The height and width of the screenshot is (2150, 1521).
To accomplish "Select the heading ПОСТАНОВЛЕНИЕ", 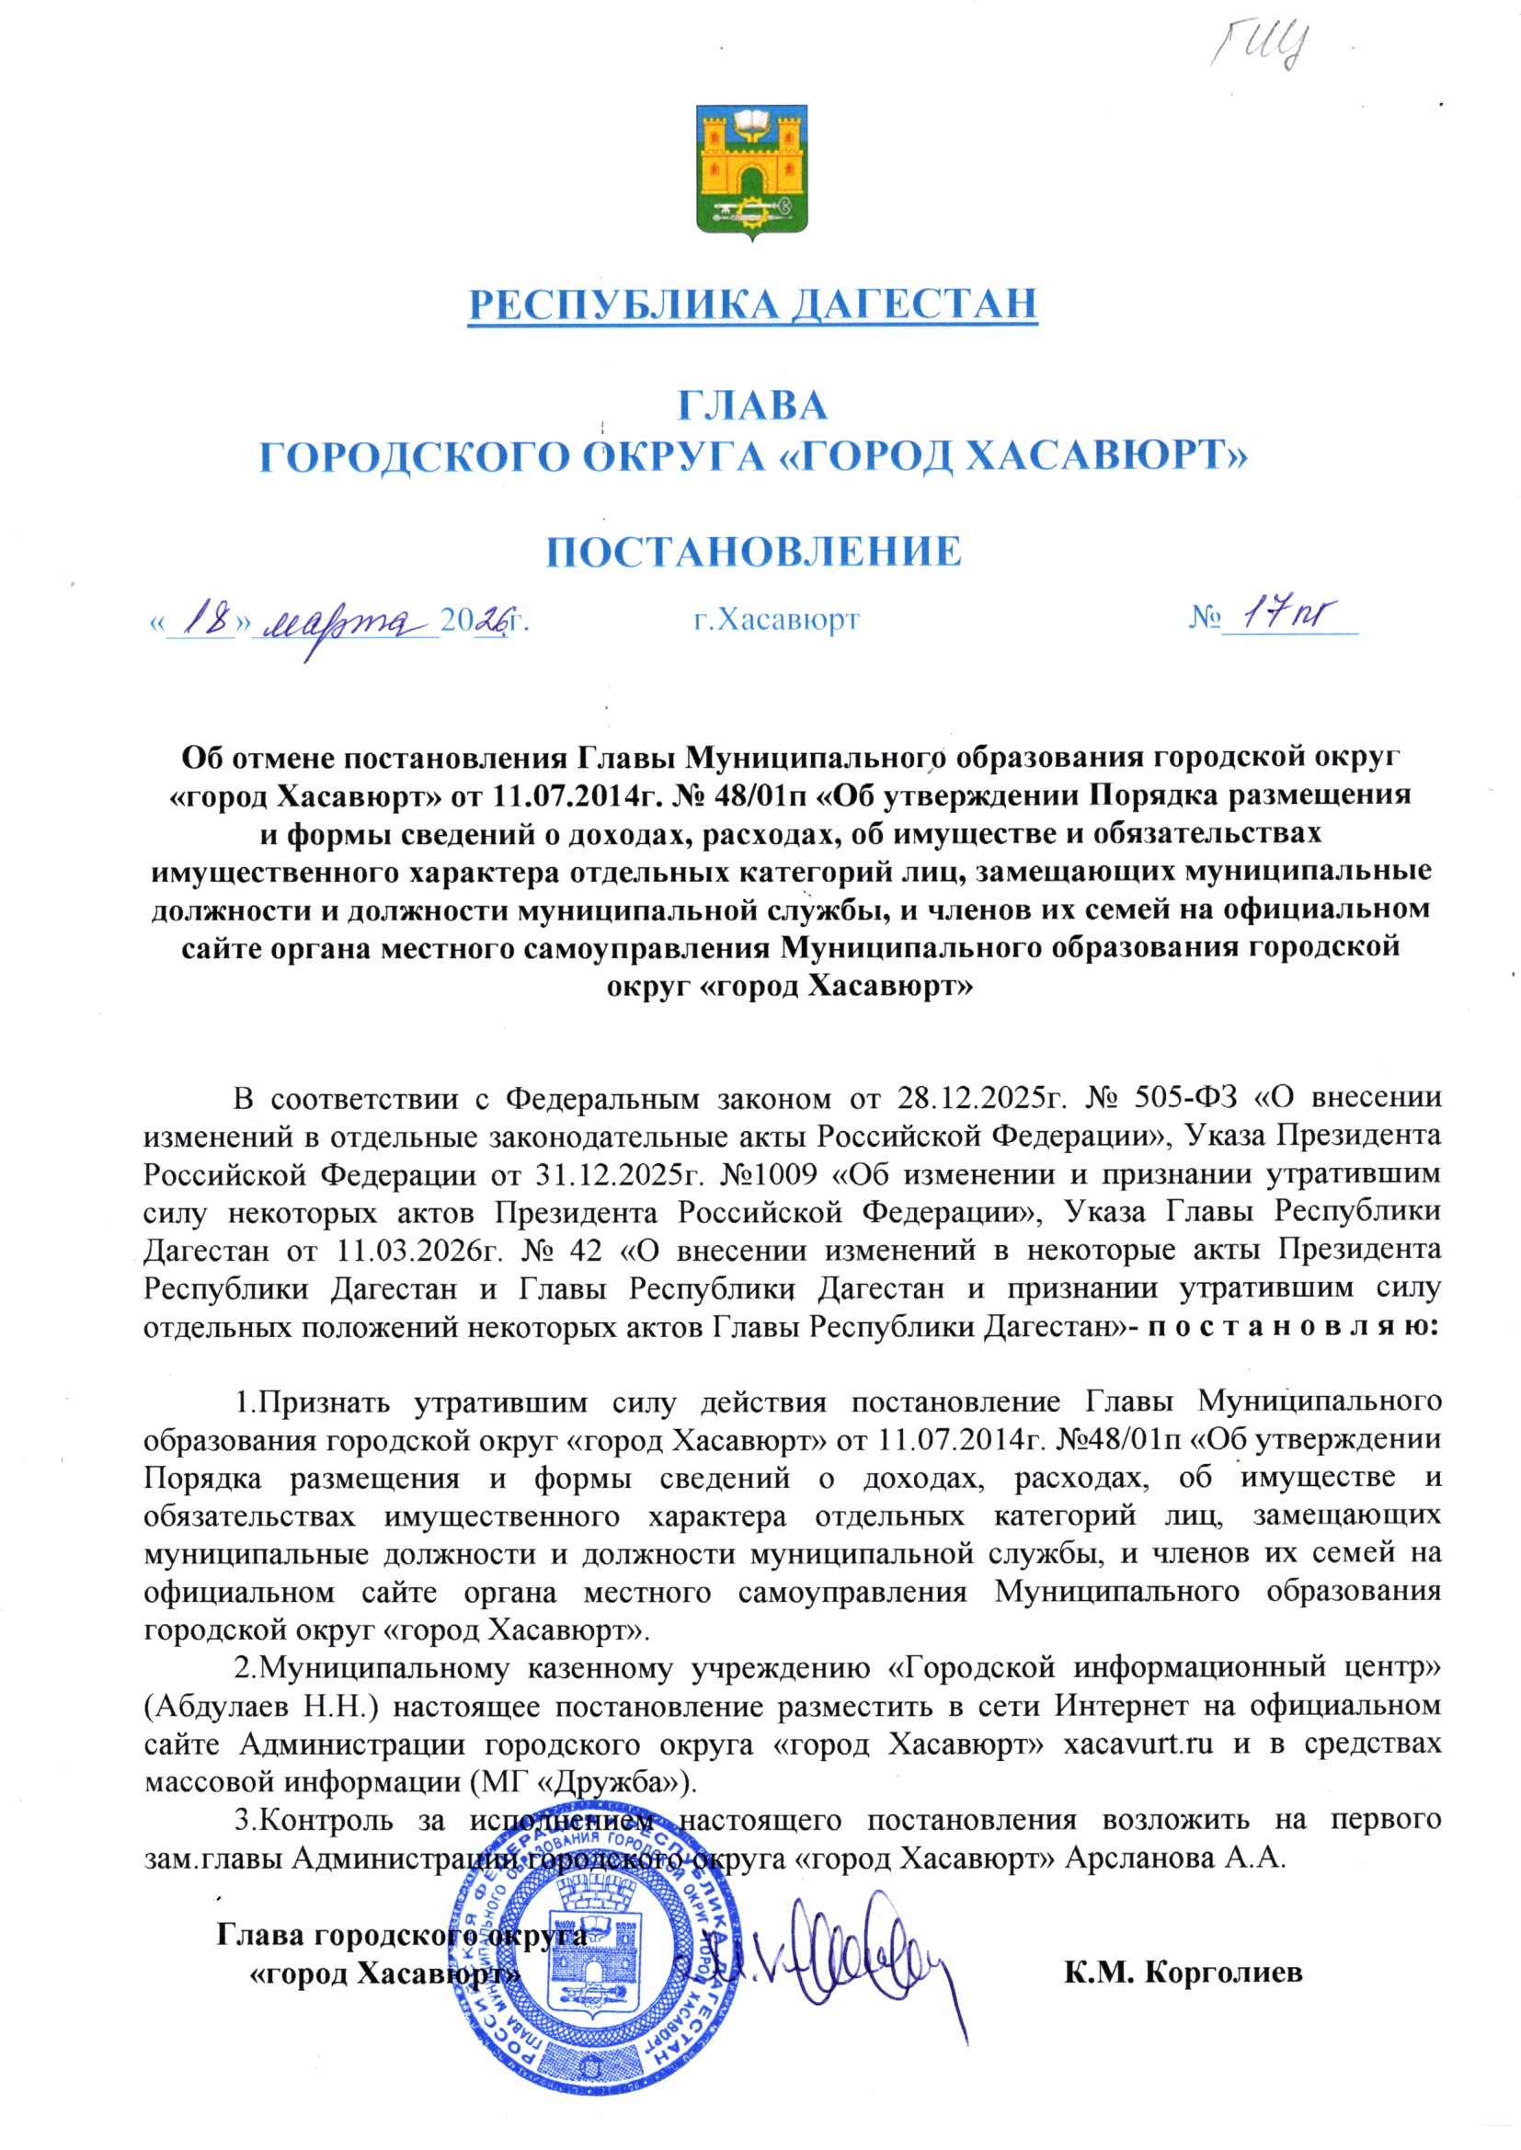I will point(754,552).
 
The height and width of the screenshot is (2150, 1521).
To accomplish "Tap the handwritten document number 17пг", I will point(1287,614).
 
